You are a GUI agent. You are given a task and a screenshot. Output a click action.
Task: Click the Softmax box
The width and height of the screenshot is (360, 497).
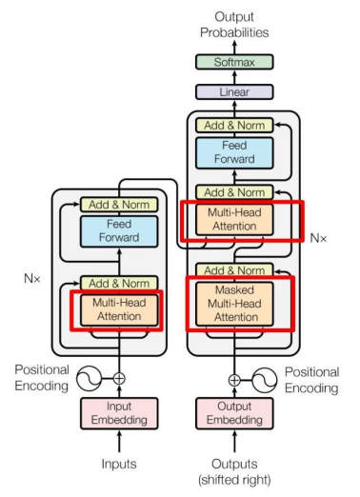234,62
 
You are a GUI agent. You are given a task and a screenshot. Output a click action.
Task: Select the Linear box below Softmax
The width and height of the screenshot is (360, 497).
234,92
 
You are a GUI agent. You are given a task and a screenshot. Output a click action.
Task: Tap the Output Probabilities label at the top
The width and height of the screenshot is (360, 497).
234,24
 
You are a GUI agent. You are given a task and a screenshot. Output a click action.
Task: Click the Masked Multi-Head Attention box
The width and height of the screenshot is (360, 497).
234,303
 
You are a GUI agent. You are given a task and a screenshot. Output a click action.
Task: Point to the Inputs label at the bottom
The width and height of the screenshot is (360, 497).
119,464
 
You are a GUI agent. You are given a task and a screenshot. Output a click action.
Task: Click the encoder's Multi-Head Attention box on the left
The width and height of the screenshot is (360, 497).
119,309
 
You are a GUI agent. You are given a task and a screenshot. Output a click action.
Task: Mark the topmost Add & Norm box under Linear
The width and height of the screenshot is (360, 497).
234,125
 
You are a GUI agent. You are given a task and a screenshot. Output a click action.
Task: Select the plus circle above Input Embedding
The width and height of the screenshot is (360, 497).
119,378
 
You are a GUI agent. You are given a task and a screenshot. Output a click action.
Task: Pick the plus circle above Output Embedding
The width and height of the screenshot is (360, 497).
234,378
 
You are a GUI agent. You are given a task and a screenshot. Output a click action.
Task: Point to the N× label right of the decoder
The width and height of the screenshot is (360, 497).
319,234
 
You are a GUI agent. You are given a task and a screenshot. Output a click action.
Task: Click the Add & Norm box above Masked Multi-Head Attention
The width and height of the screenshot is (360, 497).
234,270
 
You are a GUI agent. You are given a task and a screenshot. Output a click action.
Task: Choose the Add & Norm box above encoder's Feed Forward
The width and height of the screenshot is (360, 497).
119,204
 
